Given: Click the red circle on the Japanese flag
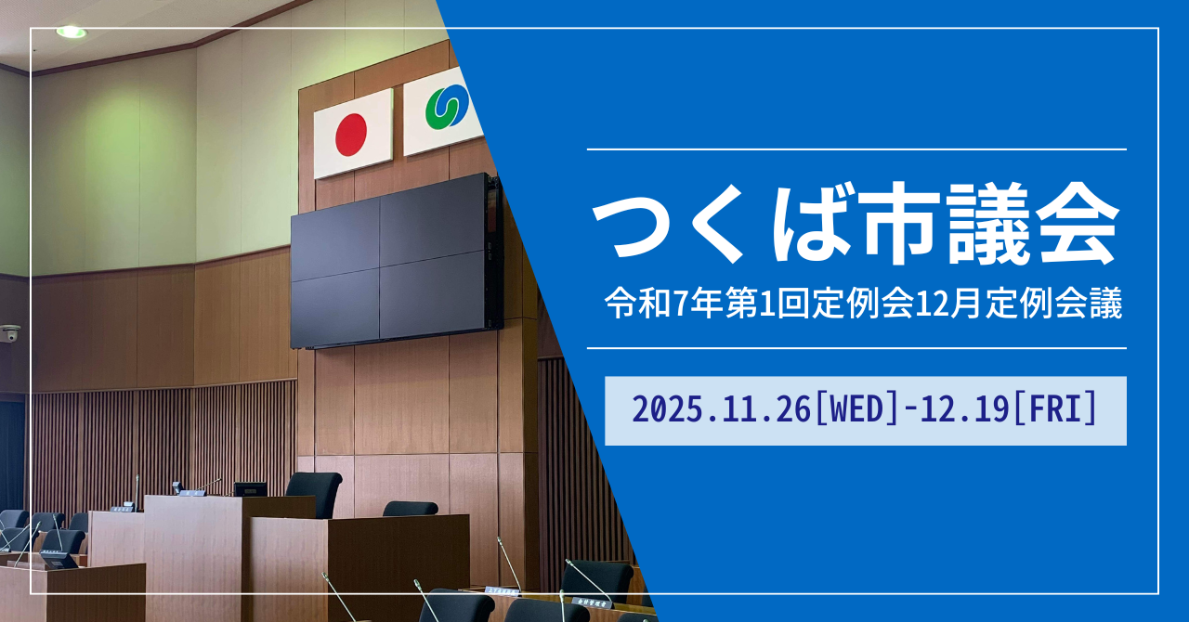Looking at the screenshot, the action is click(x=351, y=135).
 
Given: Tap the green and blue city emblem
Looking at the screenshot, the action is click(x=447, y=107).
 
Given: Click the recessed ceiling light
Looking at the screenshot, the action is click(x=72, y=32).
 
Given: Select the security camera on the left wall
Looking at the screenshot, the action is click(x=10, y=333).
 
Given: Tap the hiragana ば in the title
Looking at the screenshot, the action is click(x=813, y=224).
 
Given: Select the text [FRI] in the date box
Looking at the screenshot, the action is click(x=1054, y=410).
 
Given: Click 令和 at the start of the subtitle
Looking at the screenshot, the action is click(x=637, y=305).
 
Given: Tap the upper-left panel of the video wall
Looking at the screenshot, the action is click(x=335, y=240).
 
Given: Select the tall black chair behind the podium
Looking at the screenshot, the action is click(x=315, y=494).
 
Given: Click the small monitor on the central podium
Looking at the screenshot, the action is click(x=250, y=489).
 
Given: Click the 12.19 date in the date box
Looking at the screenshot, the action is click(x=964, y=410).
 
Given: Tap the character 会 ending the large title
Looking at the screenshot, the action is click(x=1077, y=224).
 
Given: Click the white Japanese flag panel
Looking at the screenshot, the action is click(x=353, y=134).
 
